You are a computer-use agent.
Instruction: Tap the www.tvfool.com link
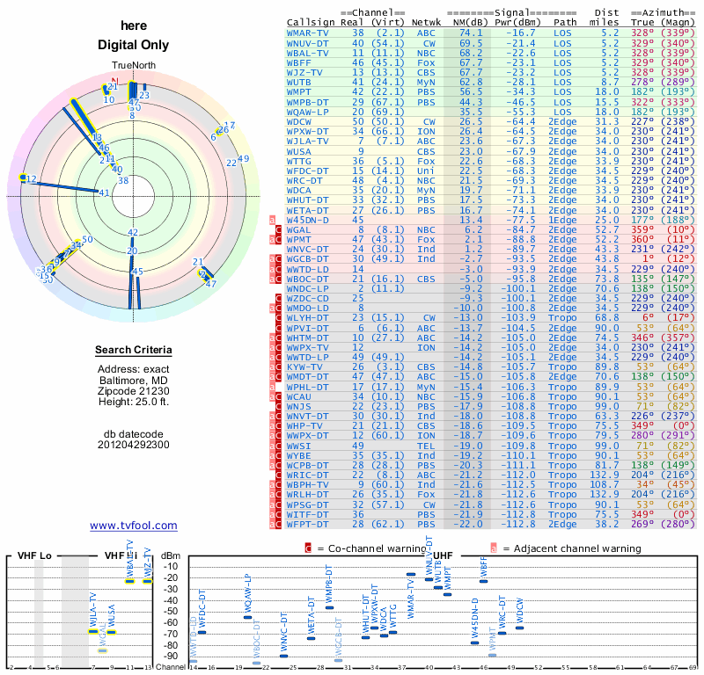pos(134,526)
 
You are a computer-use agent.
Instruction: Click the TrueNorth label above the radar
pos(134,67)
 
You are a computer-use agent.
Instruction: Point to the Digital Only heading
pos(134,45)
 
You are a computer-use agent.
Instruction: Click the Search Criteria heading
pos(134,351)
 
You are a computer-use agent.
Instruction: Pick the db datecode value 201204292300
pos(134,445)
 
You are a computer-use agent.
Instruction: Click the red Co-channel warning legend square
pos(308,548)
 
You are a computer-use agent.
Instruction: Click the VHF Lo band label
pos(35,555)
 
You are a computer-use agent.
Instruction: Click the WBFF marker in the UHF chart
pos(483,581)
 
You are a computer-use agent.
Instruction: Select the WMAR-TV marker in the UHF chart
pos(411,574)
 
